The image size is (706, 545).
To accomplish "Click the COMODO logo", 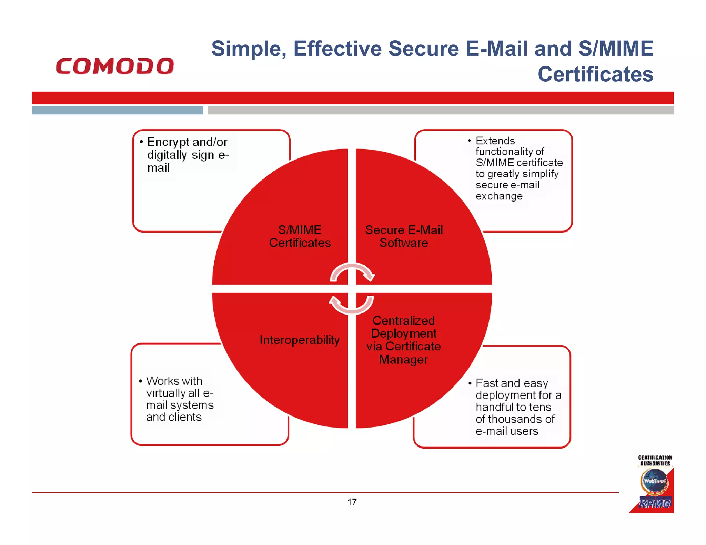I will (x=115, y=66).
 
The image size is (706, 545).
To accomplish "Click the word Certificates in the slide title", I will (x=595, y=74).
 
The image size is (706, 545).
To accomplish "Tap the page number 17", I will (x=352, y=502).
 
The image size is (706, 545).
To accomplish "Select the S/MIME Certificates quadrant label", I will (x=300, y=236).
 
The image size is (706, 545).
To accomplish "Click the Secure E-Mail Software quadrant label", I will (x=404, y=236).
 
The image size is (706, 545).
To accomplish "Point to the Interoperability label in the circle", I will (x=299, y=340).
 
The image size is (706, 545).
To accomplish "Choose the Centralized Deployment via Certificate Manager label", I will (x=403, y=340).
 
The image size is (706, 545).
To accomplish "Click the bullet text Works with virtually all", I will (x=179, y=399).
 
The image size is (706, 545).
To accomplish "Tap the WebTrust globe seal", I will (x=654, y=481).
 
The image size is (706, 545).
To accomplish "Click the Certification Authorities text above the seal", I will (x=655, y=460).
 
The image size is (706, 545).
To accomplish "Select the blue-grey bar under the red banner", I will (x=117, y=110).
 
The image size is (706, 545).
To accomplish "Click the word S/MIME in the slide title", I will (x=616, y=49).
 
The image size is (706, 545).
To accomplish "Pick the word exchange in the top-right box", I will (x=499, y=196).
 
